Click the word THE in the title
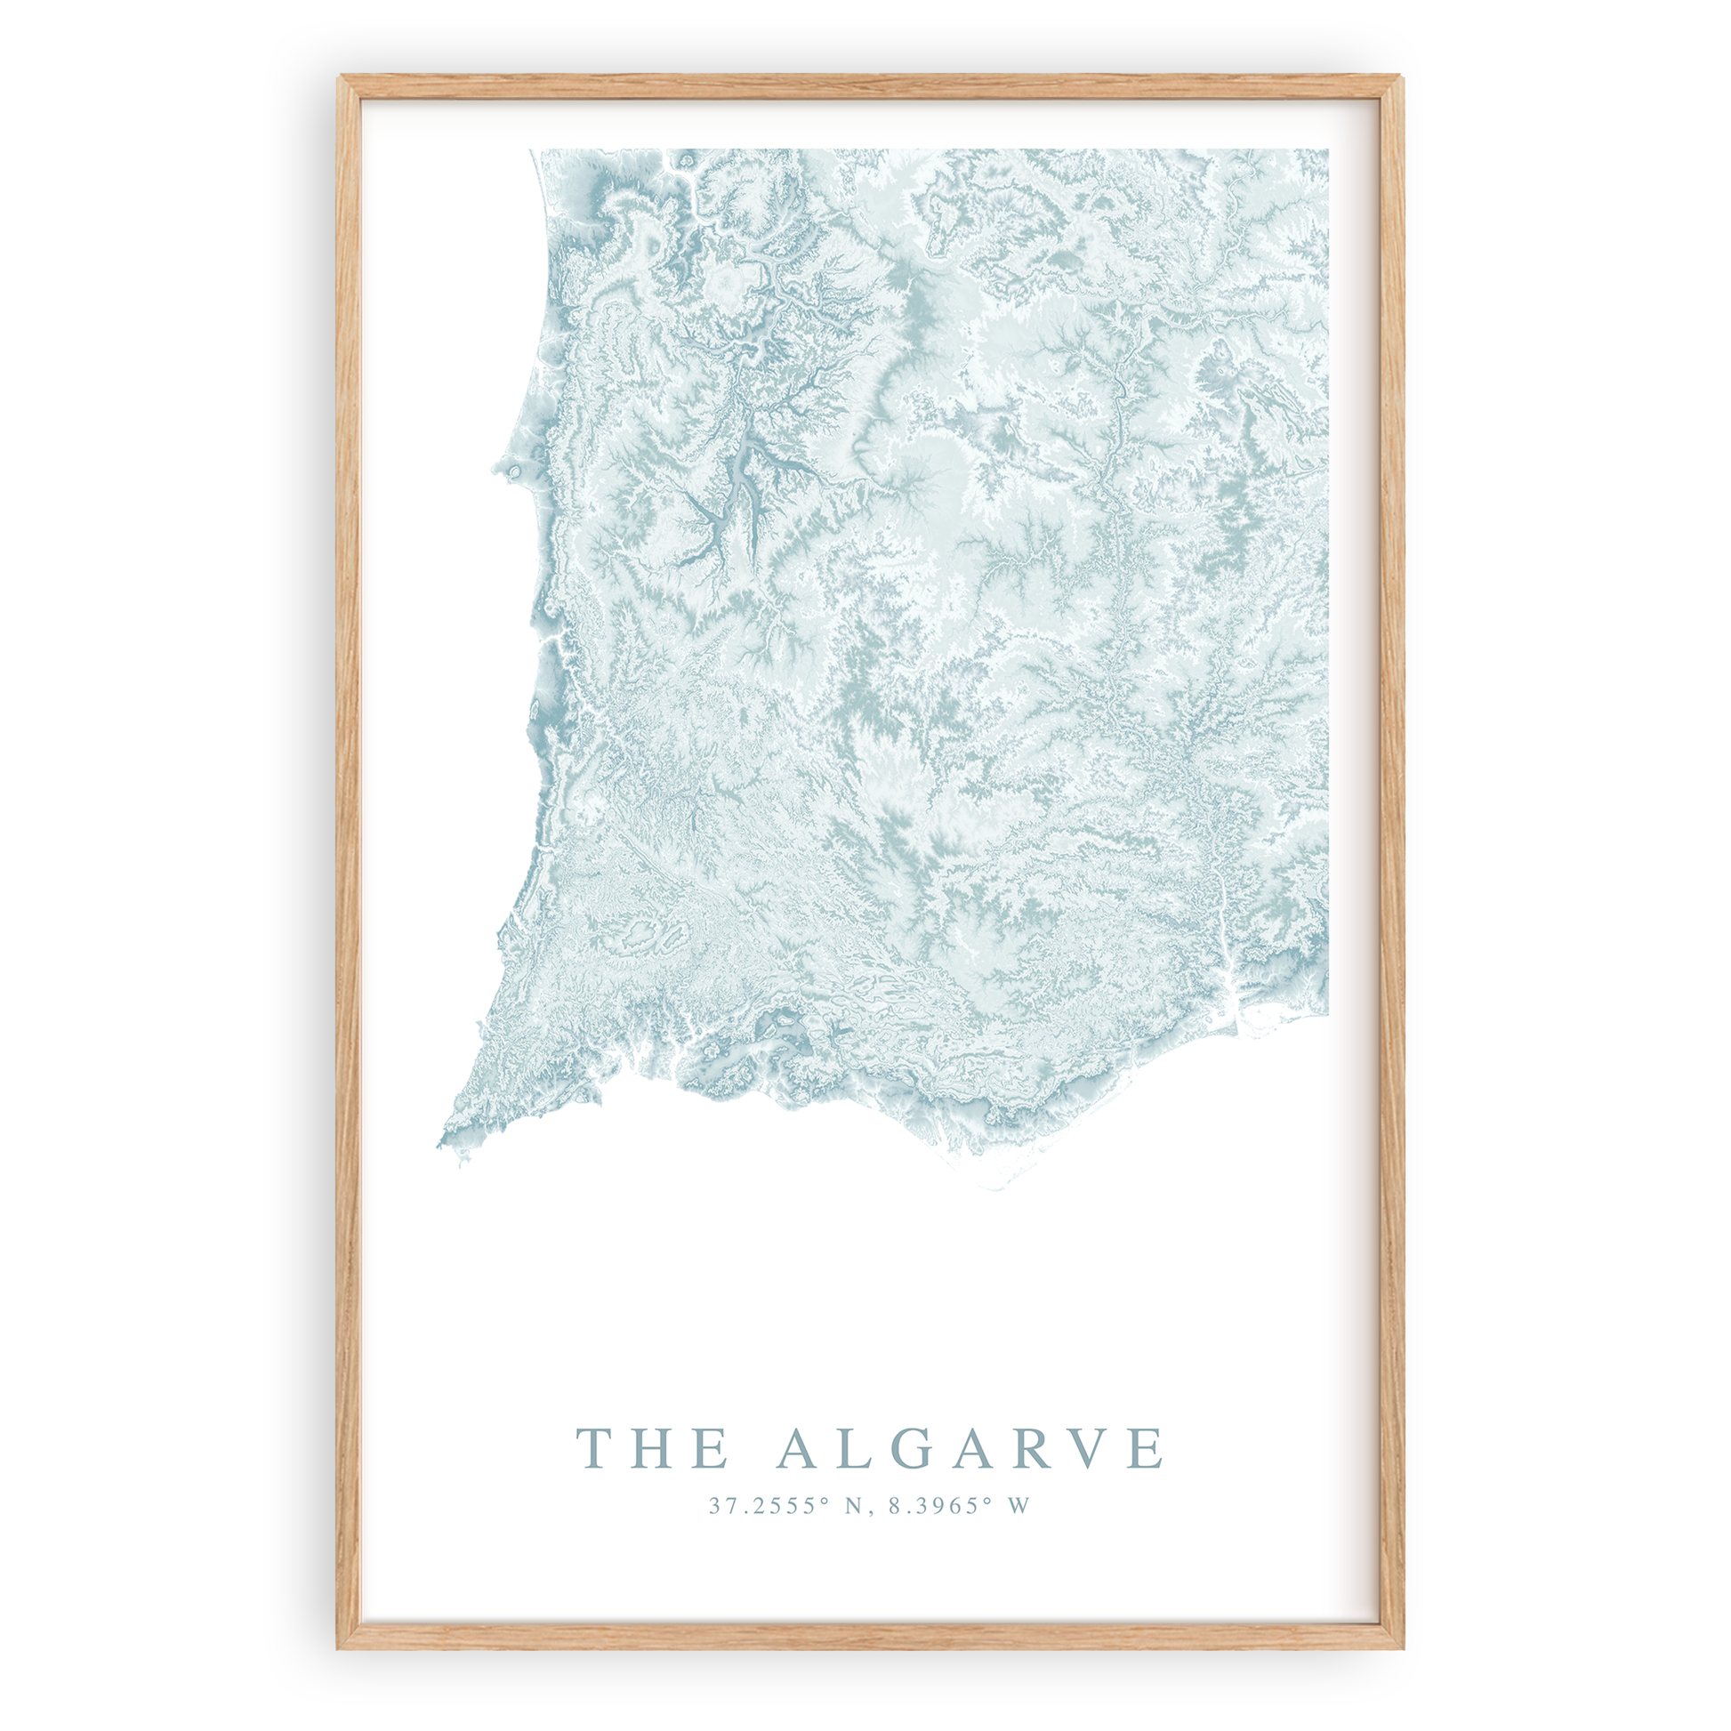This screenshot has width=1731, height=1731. (x=651, y=1449)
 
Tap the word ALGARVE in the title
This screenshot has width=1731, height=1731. (x=970, y=1449)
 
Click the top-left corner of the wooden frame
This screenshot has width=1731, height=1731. (x=340, y=78)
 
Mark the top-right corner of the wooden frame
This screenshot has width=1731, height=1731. (x=1401, y=78)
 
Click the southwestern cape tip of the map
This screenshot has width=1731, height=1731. (x=442, y=1144)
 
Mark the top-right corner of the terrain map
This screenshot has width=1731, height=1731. (x=1327, y=150)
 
